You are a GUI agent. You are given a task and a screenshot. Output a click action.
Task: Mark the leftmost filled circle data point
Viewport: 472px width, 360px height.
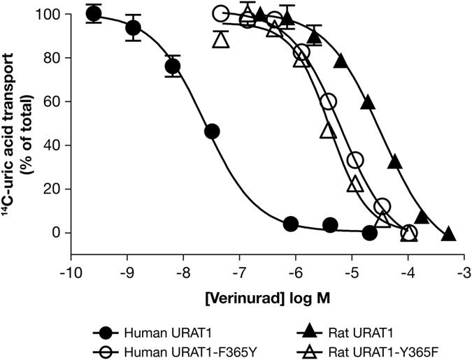tap(94, 14)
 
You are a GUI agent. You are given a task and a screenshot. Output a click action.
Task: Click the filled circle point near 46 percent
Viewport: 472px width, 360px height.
tap(212, 131)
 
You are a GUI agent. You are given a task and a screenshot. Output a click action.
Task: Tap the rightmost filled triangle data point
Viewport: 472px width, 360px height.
tap(449, 233)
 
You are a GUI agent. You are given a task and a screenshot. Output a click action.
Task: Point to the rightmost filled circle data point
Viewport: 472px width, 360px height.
tap(370, 233)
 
